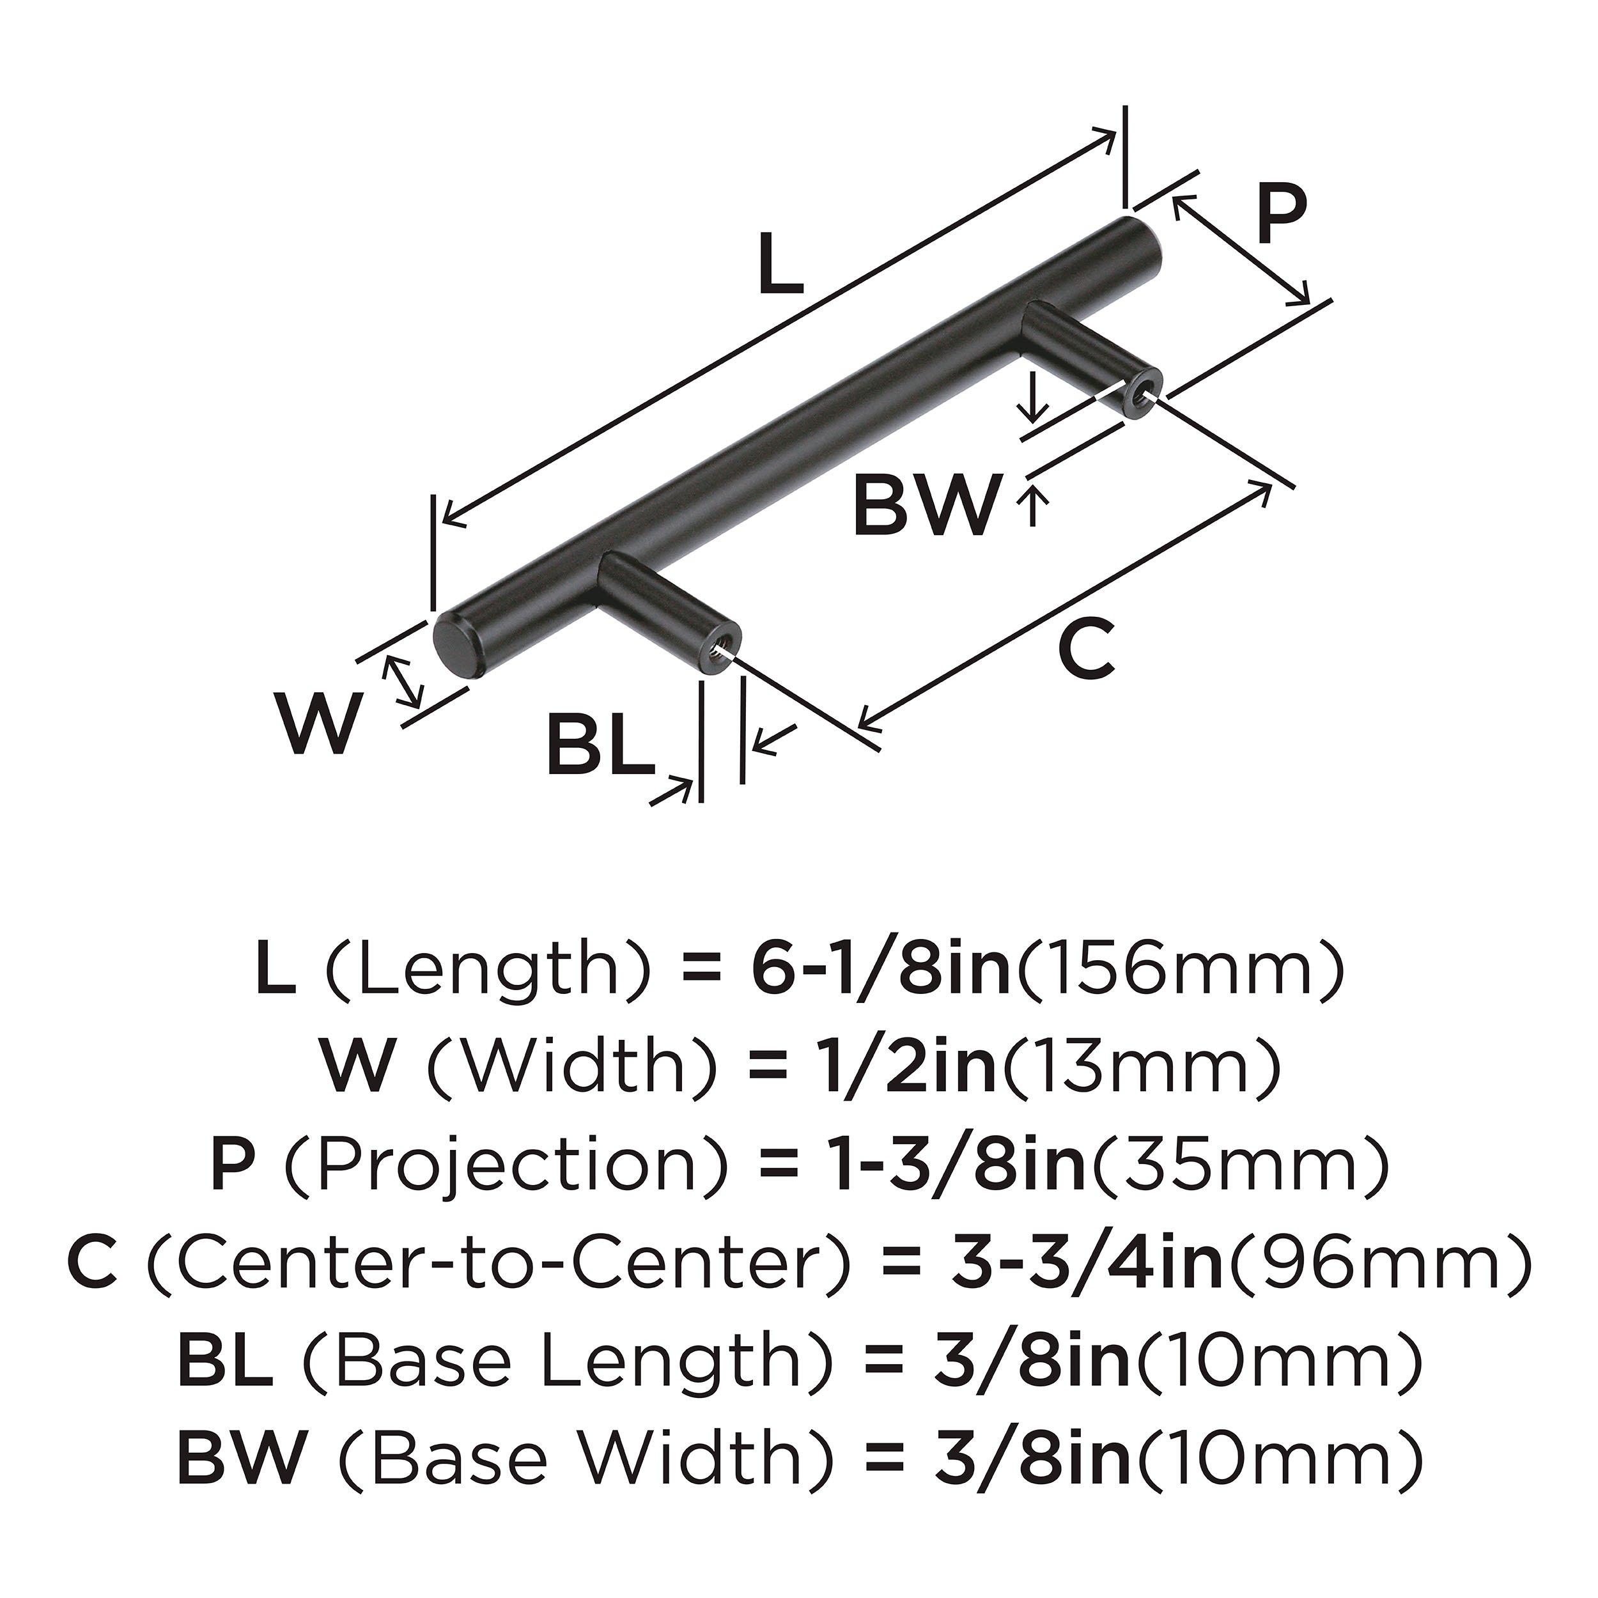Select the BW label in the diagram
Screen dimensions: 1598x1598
pyautogui.click(x=926, y=506)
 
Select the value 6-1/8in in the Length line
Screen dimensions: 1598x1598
pyautogui.click(x=881, y=971)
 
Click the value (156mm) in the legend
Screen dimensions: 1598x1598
pyautogui.click(x=1178, y=971)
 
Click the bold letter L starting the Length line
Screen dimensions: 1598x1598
pyautogui.click(x=275, y=971)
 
